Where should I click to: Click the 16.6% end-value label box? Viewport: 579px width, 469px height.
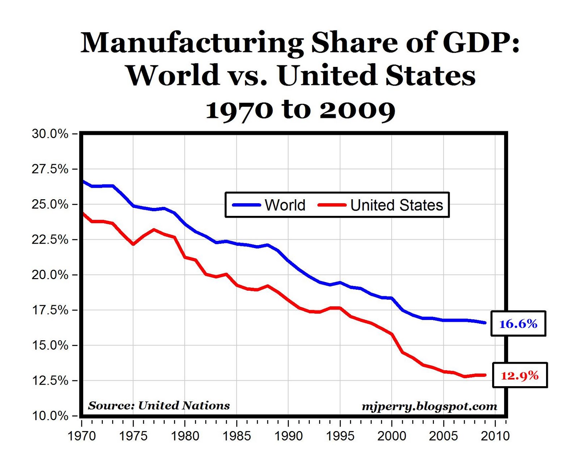tap(518, 324)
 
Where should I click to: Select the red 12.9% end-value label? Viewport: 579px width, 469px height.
tap(520, 375)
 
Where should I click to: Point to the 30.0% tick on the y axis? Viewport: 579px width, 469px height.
tap(50, 134)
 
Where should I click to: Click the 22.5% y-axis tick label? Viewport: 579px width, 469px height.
tap(50, 239)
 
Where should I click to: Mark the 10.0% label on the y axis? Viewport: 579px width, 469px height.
tap(50, 416)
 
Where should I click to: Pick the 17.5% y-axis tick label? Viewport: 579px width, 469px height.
tap(50, 310)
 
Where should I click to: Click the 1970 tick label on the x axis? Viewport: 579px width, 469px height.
tap(82, 436)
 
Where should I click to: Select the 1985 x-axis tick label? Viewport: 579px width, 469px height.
tap(237, 436)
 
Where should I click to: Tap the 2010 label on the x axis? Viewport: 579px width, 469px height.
tap(495, 436)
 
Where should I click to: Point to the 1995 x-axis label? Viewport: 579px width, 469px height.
tap(340, 436)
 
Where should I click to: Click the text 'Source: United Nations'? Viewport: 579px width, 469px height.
tap(159, 405)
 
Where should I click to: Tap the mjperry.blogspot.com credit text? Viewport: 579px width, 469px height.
tap(429, 406)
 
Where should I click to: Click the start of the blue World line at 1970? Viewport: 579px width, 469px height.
tap(83, 181)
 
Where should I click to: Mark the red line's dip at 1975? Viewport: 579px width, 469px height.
tap(133, 244)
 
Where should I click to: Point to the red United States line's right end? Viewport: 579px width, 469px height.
tap(485, 375)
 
